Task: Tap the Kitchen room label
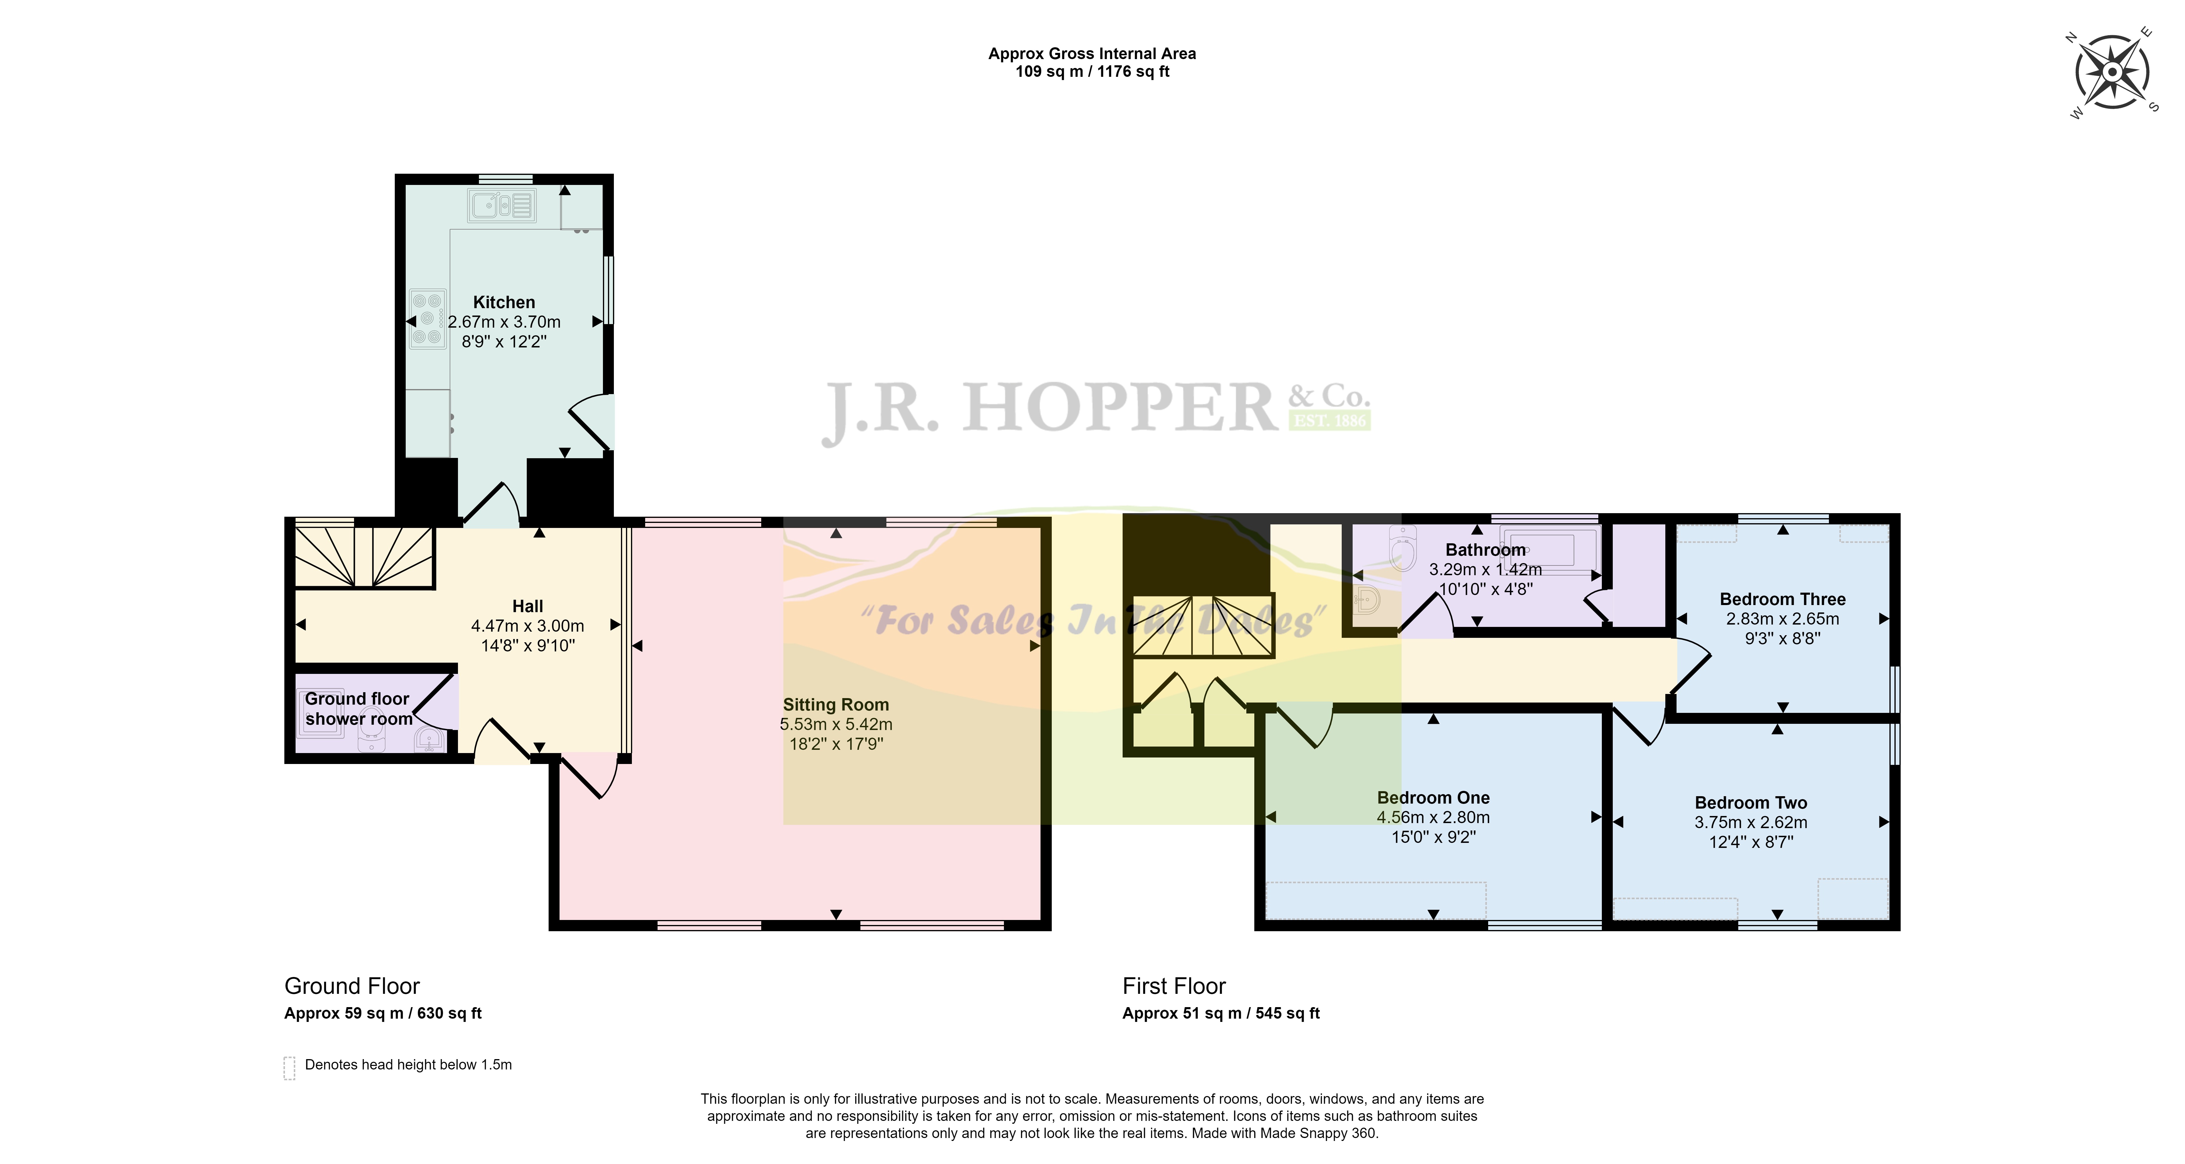(x=504, y=302)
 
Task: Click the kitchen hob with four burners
(x=428, y=319)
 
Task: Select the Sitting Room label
(x=836, y=704)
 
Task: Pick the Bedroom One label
(x=1433, y=797)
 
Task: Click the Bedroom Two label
(x=1751, y=803)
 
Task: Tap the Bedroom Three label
(x=1782, y=599)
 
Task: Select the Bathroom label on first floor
(x=1485, y=550)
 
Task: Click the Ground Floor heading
(x=352, y=986)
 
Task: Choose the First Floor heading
(x=1174, y=986)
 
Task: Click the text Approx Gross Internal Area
(x=1092, y=53)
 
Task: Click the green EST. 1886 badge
(x=1329, y=420)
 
